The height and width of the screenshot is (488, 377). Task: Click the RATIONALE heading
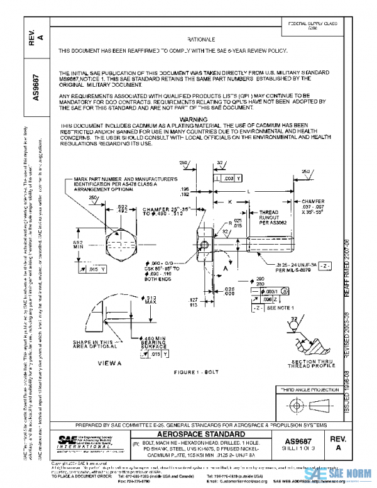(x=200, y=38)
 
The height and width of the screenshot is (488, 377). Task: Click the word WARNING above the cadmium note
(x=194, y=118)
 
